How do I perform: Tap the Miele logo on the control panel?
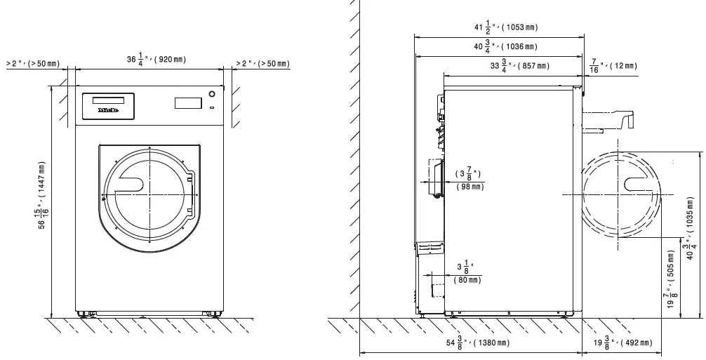[107, 110]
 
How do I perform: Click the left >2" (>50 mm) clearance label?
[32, 64]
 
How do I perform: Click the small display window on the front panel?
[187, 102]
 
